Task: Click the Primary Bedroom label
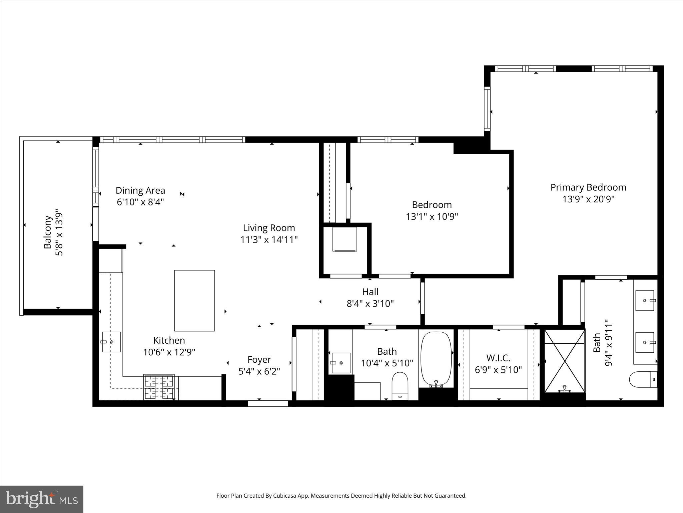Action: tap(588, 187)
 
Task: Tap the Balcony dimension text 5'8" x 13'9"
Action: tap(59, 232)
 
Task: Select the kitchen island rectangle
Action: tap(194, 301)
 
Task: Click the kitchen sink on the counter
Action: tap(111, 342)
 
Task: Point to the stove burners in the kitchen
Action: tap(159, 387)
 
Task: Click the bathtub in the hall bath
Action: tap(436, 358)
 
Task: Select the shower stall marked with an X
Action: tap(564, 361)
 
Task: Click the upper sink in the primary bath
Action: tap(645, 301)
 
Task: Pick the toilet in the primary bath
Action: tap(643, 379)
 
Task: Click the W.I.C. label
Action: tap(498, 358)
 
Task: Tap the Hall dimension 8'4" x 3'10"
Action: tap(370, 304)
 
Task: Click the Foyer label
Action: tap(259, 359)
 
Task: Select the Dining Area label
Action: tap(140, 190)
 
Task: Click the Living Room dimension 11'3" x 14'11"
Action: tap(269, 239)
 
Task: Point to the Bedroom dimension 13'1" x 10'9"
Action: tap(432, 217)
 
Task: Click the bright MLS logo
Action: tap(42, 499)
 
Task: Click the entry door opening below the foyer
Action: tap(268, 403)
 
